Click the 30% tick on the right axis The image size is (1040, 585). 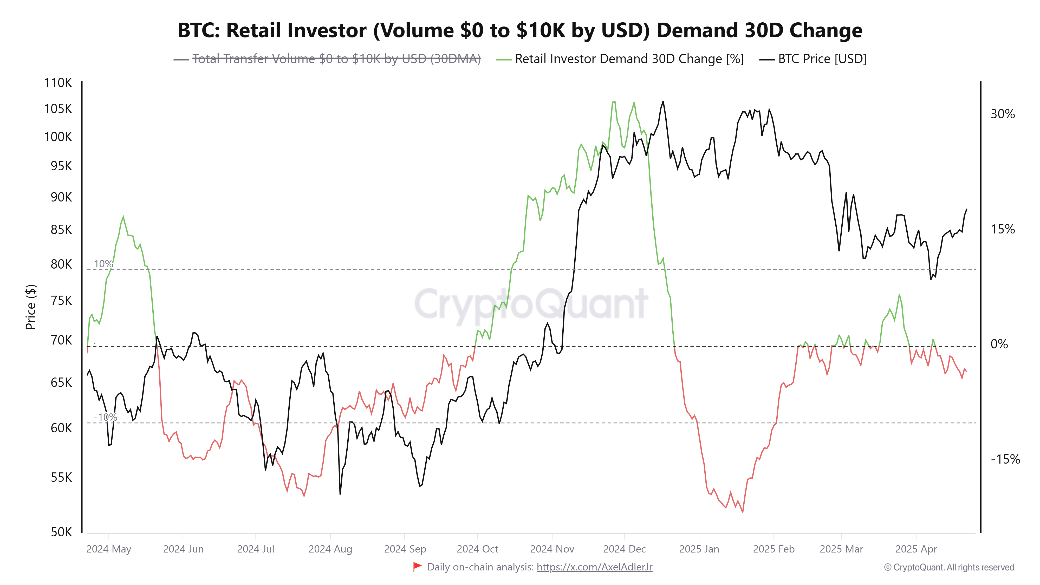click(x=1003, y=114)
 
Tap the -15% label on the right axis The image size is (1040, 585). click(x=1005, y=459)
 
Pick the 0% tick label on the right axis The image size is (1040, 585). click(x=999, y=344)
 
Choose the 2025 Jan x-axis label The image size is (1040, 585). click(x=699, y=549)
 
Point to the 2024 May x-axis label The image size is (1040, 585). click(x=109, y=549)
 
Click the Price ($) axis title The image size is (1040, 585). click(x=31, y=307)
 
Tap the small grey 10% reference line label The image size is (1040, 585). click(x=103, y=264)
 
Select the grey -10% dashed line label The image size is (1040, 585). click(x=105, y=417)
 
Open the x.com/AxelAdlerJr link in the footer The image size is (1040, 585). click(x=594, y=567)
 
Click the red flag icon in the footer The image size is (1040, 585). click(x=417, y=567)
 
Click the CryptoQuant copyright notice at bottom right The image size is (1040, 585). click(x=949, y=567)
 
